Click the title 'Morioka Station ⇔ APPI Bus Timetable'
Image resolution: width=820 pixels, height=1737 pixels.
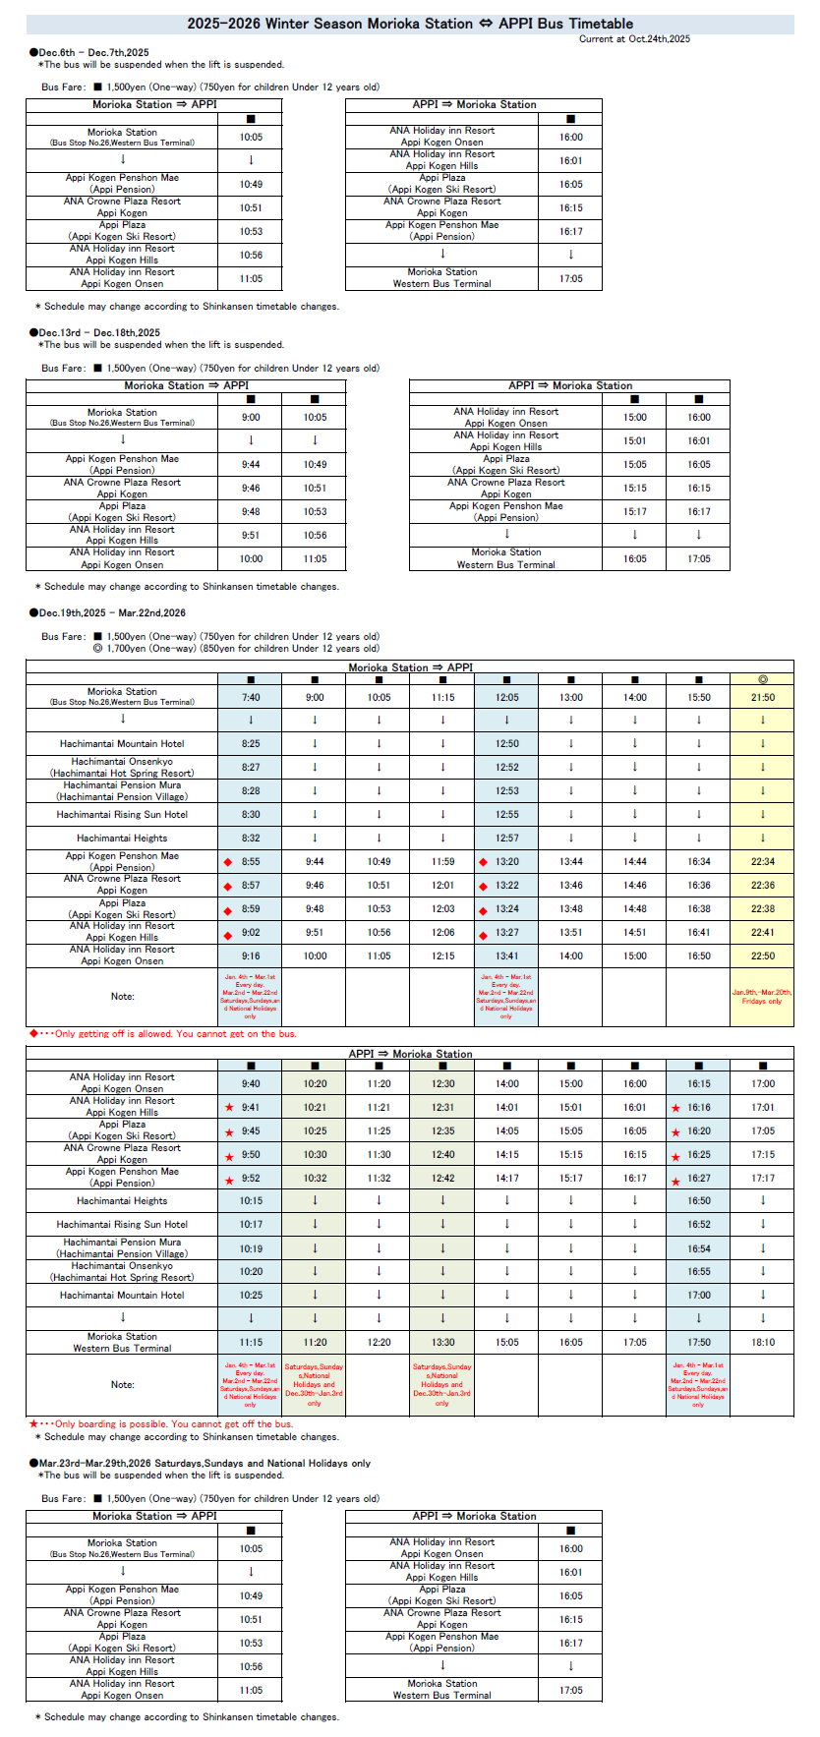pos(410,24)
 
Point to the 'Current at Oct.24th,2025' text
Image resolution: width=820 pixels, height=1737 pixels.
pos(634,39)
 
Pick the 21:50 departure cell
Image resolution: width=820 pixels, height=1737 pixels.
pos(762,697)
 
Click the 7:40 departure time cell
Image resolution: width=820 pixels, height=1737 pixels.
pos(251,697)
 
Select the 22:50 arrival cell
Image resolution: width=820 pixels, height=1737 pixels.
pos(762,955)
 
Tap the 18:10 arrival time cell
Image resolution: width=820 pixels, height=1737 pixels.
pos(762,1342)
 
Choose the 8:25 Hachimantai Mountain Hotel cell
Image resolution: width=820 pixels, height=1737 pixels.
pos(251,744)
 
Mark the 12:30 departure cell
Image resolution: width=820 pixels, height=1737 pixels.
pos(442,1083)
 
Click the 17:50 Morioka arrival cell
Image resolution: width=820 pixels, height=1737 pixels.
pos(698,1342)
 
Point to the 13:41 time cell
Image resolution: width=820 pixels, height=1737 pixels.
pos(506,955)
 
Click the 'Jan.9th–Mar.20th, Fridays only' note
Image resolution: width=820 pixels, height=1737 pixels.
pos(762,997)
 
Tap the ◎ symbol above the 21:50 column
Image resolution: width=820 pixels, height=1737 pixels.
pos(762,679)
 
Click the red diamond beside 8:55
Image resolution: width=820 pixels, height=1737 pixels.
pos(228,862)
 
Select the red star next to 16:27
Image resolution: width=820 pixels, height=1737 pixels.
pos(675,1180)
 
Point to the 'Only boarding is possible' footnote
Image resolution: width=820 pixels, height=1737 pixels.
pos(165,1423)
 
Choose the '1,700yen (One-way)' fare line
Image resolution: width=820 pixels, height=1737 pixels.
pos(236,649)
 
